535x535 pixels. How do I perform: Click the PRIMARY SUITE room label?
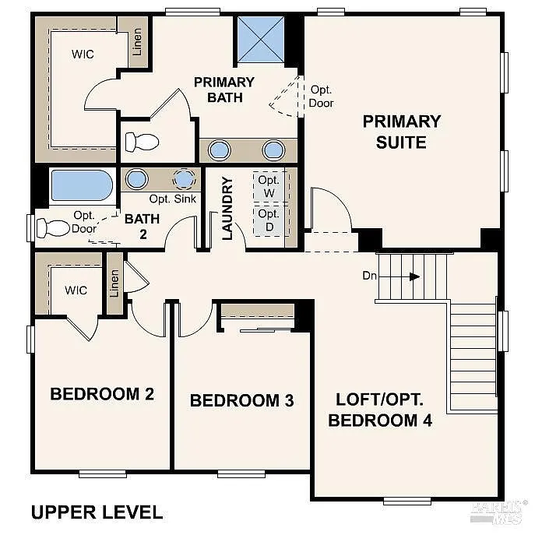(x=401, y=132)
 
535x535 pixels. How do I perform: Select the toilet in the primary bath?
(x=142, y=143)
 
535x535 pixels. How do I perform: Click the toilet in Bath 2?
(x=55, y=228)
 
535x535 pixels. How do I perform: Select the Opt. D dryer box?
(x=269, y=220)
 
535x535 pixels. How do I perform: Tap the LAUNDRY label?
(x=227, y=209)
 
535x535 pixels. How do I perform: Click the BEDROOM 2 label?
(x=102, y=394)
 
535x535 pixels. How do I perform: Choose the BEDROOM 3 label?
(x=241, y=401)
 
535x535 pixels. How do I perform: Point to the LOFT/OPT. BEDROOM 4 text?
(x=380, y=410)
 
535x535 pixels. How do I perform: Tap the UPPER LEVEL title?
(x=97, y=512)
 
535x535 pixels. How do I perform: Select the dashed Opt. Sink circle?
(x=184, y=178)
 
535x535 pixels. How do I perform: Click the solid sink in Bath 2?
(x=137, y=178)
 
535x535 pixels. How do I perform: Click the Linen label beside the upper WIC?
(x=138, y=43)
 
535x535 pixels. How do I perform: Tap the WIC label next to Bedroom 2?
(x=76, y=290)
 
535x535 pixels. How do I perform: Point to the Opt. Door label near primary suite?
(x=321, y=96)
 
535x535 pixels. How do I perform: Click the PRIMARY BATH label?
(x=224, y=90)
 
